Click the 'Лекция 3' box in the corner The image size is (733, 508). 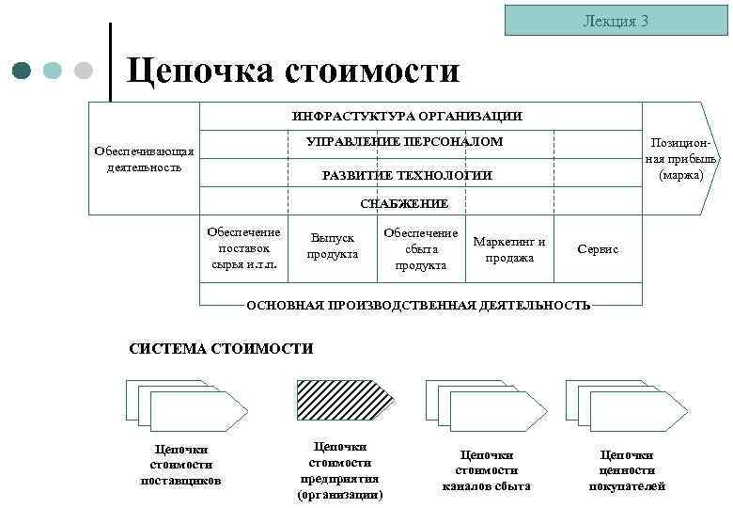point(616,20)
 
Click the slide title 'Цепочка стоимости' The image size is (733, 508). point(293,70)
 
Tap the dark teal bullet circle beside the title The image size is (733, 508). point(23,71)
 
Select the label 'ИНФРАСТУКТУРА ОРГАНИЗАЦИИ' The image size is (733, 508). point(407,117)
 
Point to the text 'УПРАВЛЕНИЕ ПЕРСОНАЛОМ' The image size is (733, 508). point(405,142)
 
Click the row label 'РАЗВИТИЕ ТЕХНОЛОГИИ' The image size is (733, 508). point(407,176)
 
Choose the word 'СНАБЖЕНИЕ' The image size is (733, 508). point(404,203)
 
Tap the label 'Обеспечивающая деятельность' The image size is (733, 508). point(144,159)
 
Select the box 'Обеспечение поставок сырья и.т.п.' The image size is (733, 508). point(243,247)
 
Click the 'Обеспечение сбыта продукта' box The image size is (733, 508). point(420,248)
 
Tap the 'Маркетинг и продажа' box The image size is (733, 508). point(509,249)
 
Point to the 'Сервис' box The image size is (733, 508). point(598,249)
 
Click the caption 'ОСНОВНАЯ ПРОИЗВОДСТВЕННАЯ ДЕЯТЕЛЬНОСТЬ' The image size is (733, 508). point(418,305)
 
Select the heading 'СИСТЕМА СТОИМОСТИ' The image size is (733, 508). point(220,349)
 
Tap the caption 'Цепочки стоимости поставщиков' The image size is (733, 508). point(181,465)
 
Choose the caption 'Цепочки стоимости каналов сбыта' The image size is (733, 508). point(486,469)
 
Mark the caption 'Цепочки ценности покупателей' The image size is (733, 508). point(627,469)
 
